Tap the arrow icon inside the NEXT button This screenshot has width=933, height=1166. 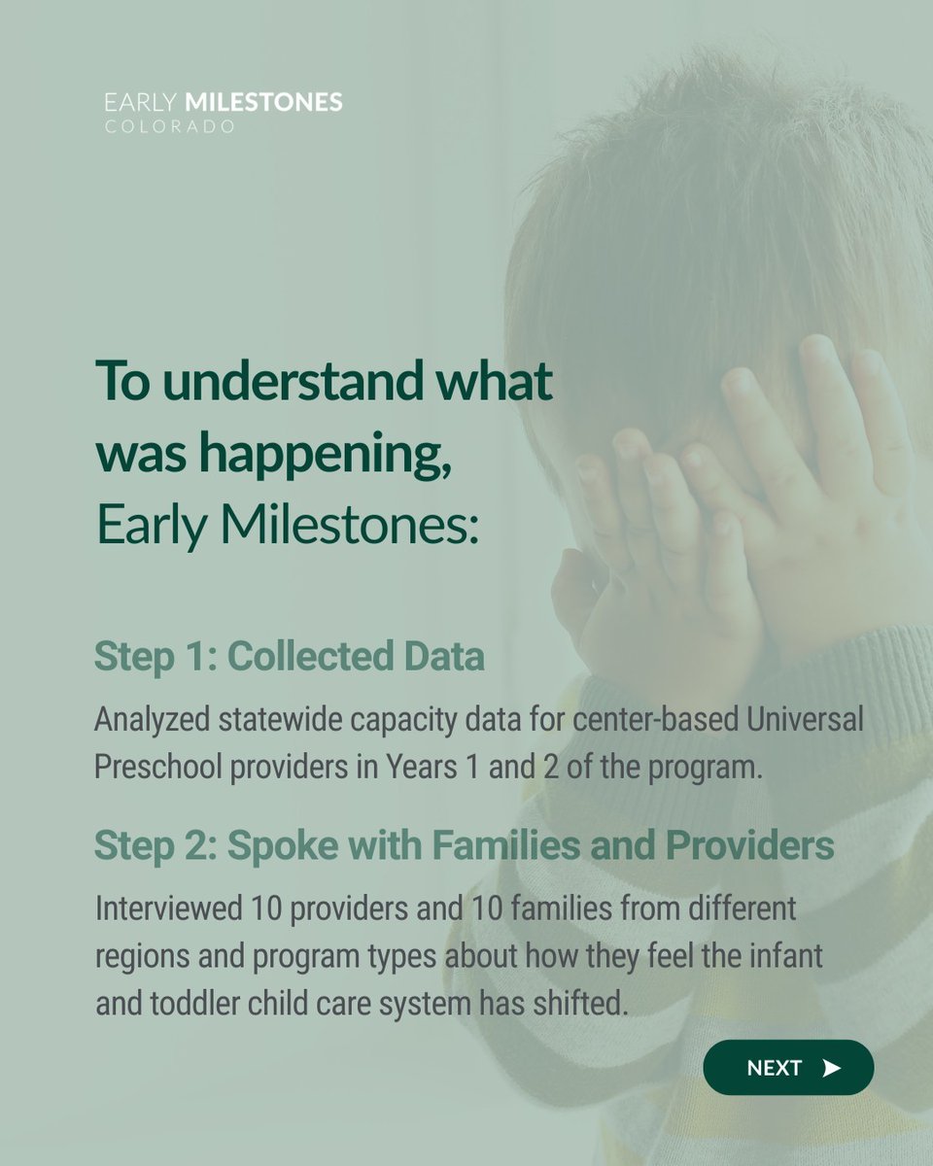pyautogui.click(x=830, y=1068)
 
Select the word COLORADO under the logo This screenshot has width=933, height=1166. pyautogui.click(x=169, y=127)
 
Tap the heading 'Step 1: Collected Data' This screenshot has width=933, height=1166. pyautogui.click(x=289, y=657)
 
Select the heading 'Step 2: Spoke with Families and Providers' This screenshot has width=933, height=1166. pyautogui.click(x=464, y=846)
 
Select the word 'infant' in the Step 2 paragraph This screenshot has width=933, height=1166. pyautogui.click(x=789, y=956)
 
